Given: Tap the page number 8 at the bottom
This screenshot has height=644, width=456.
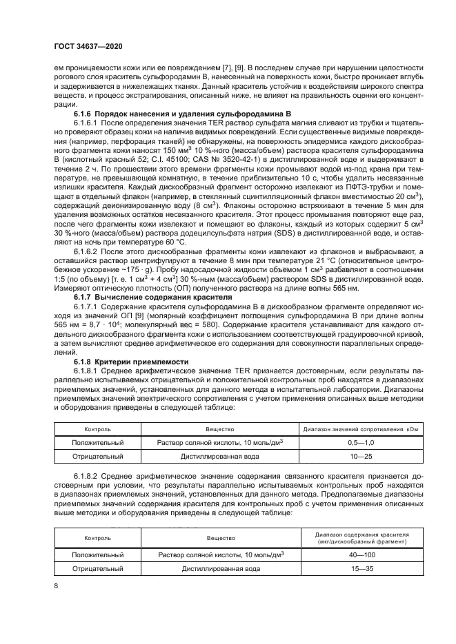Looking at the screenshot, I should point(56,586).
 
